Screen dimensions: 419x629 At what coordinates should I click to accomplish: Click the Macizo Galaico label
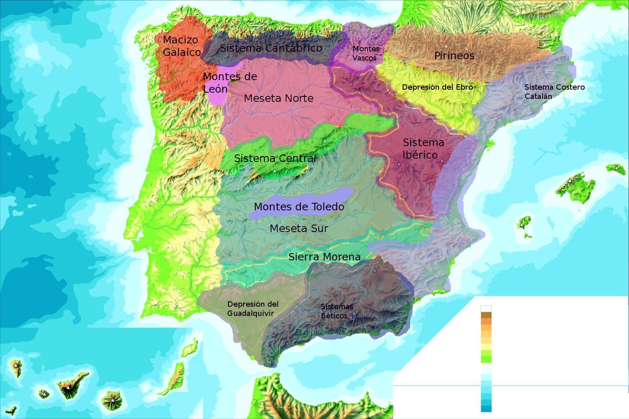(x=181, y=46)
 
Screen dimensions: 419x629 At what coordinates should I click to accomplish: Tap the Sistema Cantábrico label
(x=271, y=48)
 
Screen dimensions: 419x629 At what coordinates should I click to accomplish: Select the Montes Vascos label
(x=365, y=53)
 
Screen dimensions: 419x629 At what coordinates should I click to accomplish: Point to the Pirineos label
(x=454, y=56)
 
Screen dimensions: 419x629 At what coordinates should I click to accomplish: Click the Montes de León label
(x=230, y=83)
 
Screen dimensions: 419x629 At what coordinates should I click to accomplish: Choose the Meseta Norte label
(x=279, y=98)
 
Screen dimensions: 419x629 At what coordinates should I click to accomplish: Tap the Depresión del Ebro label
(x=437, y=87)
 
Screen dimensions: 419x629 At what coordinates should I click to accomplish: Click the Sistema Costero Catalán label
(x=554, y=91)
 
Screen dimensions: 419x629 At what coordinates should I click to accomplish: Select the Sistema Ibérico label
(x=423, y=149)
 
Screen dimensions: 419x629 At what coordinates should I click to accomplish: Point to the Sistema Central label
(x=275, y=159)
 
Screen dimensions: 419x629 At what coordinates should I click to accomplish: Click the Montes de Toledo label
(x=299, y=207)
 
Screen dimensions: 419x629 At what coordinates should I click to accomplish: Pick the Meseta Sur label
(x=299, y=228)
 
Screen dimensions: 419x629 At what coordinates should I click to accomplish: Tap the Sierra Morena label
(x=325, y=257)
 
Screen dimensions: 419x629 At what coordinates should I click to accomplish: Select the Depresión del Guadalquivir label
(x=253, y=308)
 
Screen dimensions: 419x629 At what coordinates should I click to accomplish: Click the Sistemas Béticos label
(x=336, y=311)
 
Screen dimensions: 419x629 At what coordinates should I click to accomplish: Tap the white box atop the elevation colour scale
(x=486, y=309)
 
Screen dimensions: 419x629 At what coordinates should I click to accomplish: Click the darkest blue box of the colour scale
(x=486, y=408)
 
